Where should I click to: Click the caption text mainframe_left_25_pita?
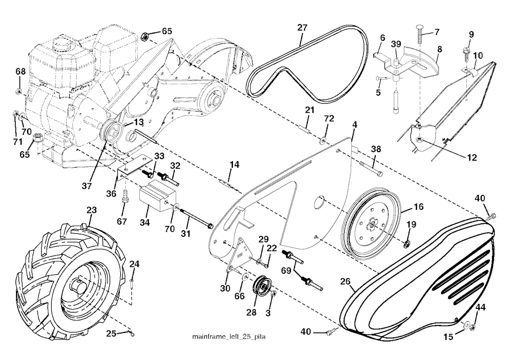click(229, 336)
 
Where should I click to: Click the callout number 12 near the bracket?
click(471, 157)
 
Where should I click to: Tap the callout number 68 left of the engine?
click(20, 72)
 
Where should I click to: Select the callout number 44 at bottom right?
click(480, 307)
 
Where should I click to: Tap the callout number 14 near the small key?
click(234, 165)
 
